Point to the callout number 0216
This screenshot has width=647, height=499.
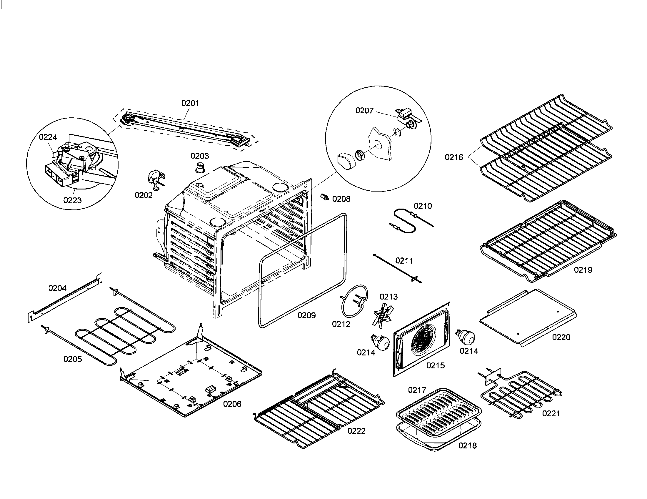[x=454, y=157]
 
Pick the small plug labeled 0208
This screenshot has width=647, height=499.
[x=325, y=197]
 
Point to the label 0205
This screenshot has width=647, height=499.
[x=73, y=359]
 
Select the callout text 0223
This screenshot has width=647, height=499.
[x=72, y=200]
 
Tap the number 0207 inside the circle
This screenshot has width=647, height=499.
[x=364, y=111]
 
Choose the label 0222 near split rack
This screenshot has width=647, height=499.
[x=356, y=431]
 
